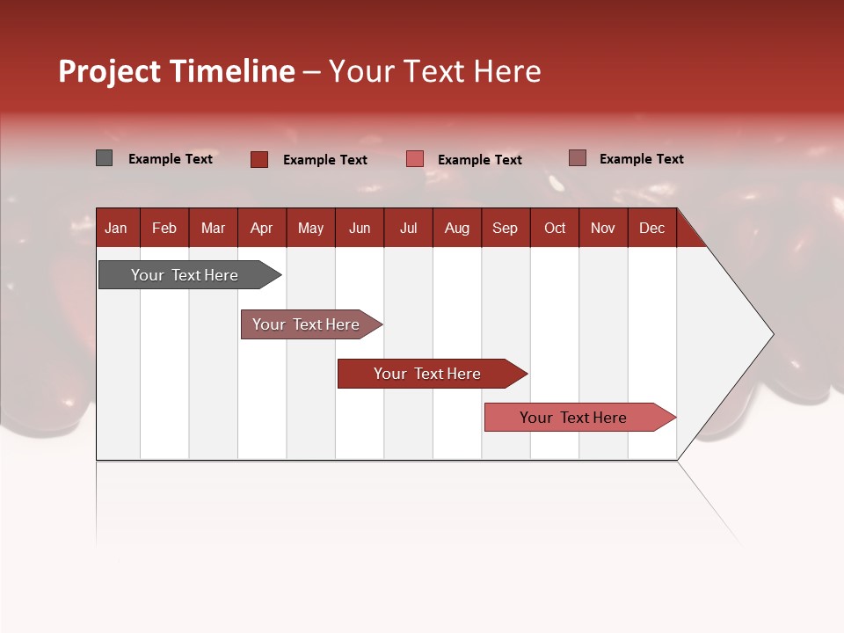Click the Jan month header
click(116, 228)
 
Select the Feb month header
click(164, 228)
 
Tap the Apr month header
click(261, 228)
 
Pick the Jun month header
click(360, 228)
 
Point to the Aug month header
click(456, 228)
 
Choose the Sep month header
click(505, 228)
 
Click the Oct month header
click(555, 228)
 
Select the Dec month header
click(651, 228)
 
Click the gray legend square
click(104, 158)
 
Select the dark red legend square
click(258, 159)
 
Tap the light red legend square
click(415, 159)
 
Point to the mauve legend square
click(577, 158)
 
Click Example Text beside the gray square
click(171, 159)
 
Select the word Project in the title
click(111, 71)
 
